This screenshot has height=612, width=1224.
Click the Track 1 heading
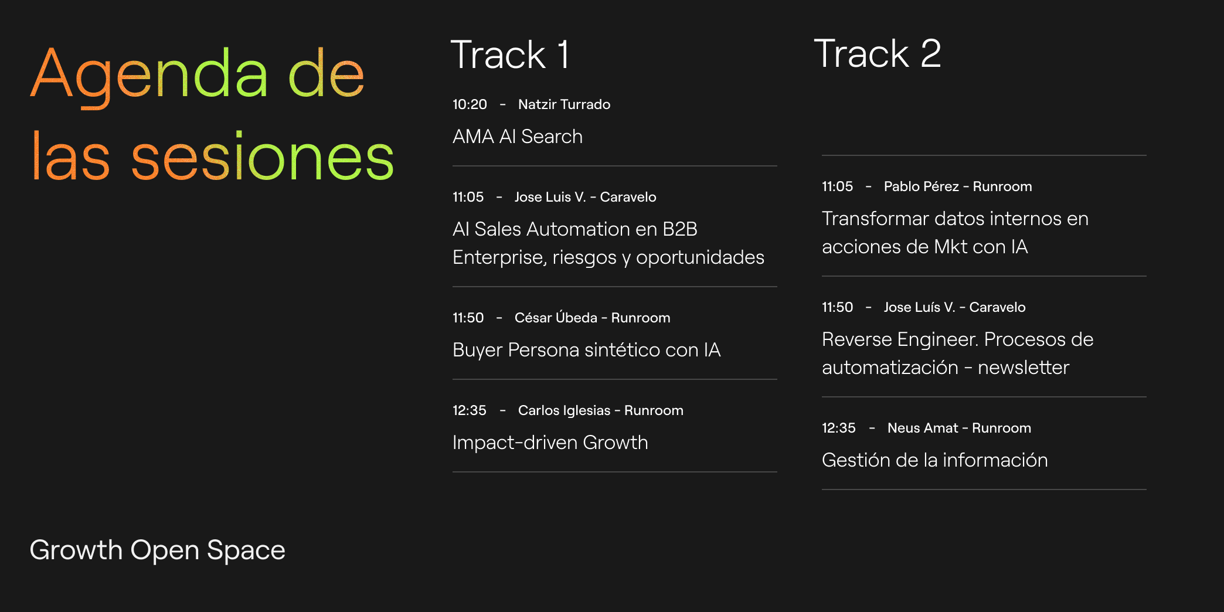509,55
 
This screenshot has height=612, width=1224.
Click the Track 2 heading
878,53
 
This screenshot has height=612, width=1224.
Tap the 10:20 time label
470,104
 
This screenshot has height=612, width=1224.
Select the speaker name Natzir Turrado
564,104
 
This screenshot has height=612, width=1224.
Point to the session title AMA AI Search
518,137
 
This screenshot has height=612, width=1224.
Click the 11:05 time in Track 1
468,197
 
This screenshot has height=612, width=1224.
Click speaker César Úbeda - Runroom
592,317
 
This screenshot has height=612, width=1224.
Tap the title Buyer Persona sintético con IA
587,350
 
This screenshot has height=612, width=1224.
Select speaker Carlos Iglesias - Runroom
600,410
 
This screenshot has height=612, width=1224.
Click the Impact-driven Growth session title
550,443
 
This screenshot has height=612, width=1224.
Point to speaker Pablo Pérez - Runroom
958,186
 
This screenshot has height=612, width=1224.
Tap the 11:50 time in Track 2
837,307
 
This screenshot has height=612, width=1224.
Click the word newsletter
1024,368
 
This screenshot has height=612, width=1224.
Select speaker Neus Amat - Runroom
959,428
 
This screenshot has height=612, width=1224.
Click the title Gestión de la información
934,460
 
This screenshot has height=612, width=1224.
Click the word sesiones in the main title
263,157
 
